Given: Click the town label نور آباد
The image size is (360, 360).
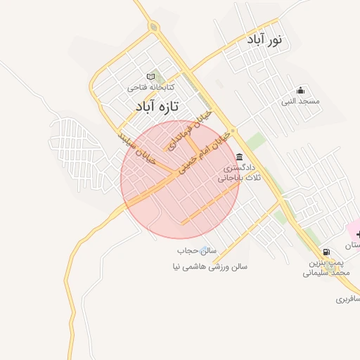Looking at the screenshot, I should pos(264,40).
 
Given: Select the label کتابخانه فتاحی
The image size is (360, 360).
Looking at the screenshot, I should pos(150,88).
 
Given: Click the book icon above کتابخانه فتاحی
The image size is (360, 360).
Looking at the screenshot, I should pos(150,76).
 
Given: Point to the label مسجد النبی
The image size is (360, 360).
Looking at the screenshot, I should pos(301,101).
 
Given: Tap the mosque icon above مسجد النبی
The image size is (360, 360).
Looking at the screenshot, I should pos(301,90).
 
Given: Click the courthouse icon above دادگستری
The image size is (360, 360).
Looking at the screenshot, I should pos(240,157).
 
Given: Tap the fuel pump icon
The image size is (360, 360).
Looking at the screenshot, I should pos(326,252).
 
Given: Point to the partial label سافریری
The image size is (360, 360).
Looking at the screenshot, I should pos(349,299).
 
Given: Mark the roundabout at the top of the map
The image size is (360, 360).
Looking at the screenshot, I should pos(153,27).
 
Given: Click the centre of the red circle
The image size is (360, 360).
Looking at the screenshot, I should pos(180,179).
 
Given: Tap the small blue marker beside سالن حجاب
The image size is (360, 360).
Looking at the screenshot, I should pos(205,250).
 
